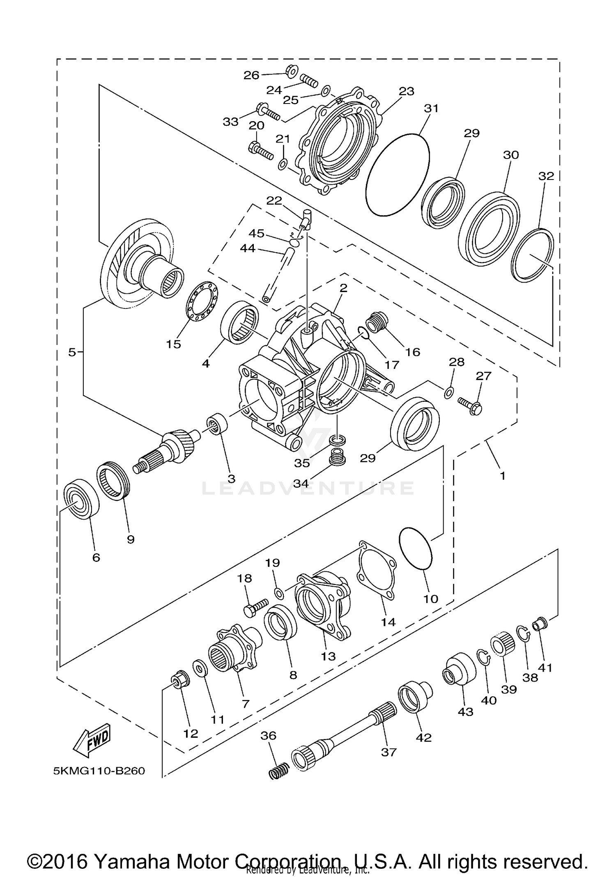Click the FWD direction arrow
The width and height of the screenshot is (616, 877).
click(92, 741)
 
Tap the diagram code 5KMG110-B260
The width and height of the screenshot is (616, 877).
click(99, 771)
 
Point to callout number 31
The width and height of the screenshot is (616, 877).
click(431, 108)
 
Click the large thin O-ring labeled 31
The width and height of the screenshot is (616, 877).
click(397, 174)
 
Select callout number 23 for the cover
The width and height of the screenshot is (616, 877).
click(406, 91)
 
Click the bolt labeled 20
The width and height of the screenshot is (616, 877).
click(260, 151)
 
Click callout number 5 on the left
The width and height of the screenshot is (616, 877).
click(72, 352)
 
